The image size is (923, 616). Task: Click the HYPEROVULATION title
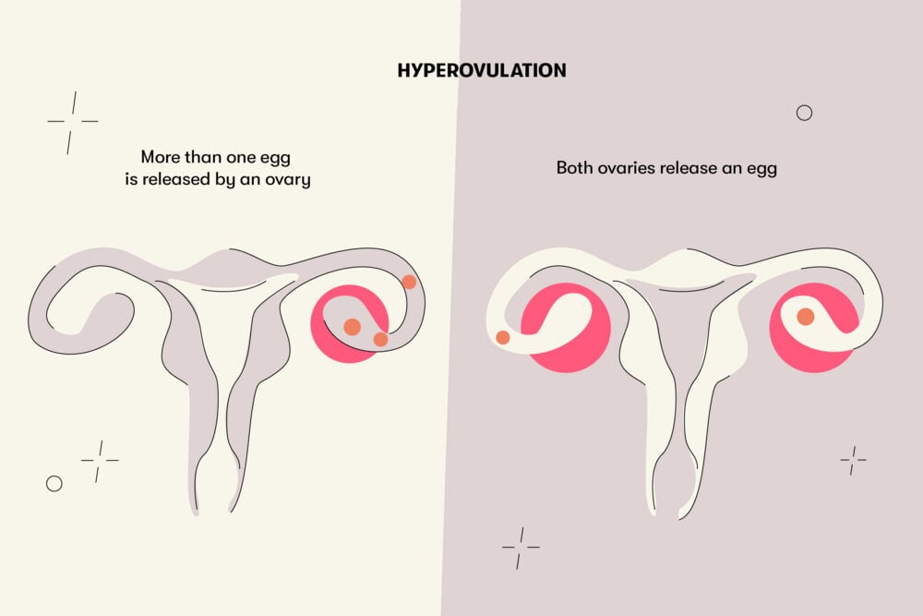482,71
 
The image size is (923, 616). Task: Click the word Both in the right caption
575,168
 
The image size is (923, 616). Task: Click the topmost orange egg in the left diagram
409,282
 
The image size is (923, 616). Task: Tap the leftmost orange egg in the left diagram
352,327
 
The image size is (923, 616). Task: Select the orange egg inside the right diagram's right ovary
805,317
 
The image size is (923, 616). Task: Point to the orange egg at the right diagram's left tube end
503,337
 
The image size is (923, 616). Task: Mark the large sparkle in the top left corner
72,123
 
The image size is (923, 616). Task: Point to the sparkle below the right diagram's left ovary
521,548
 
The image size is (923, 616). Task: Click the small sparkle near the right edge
853,460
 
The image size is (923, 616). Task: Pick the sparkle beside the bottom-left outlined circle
100,461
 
